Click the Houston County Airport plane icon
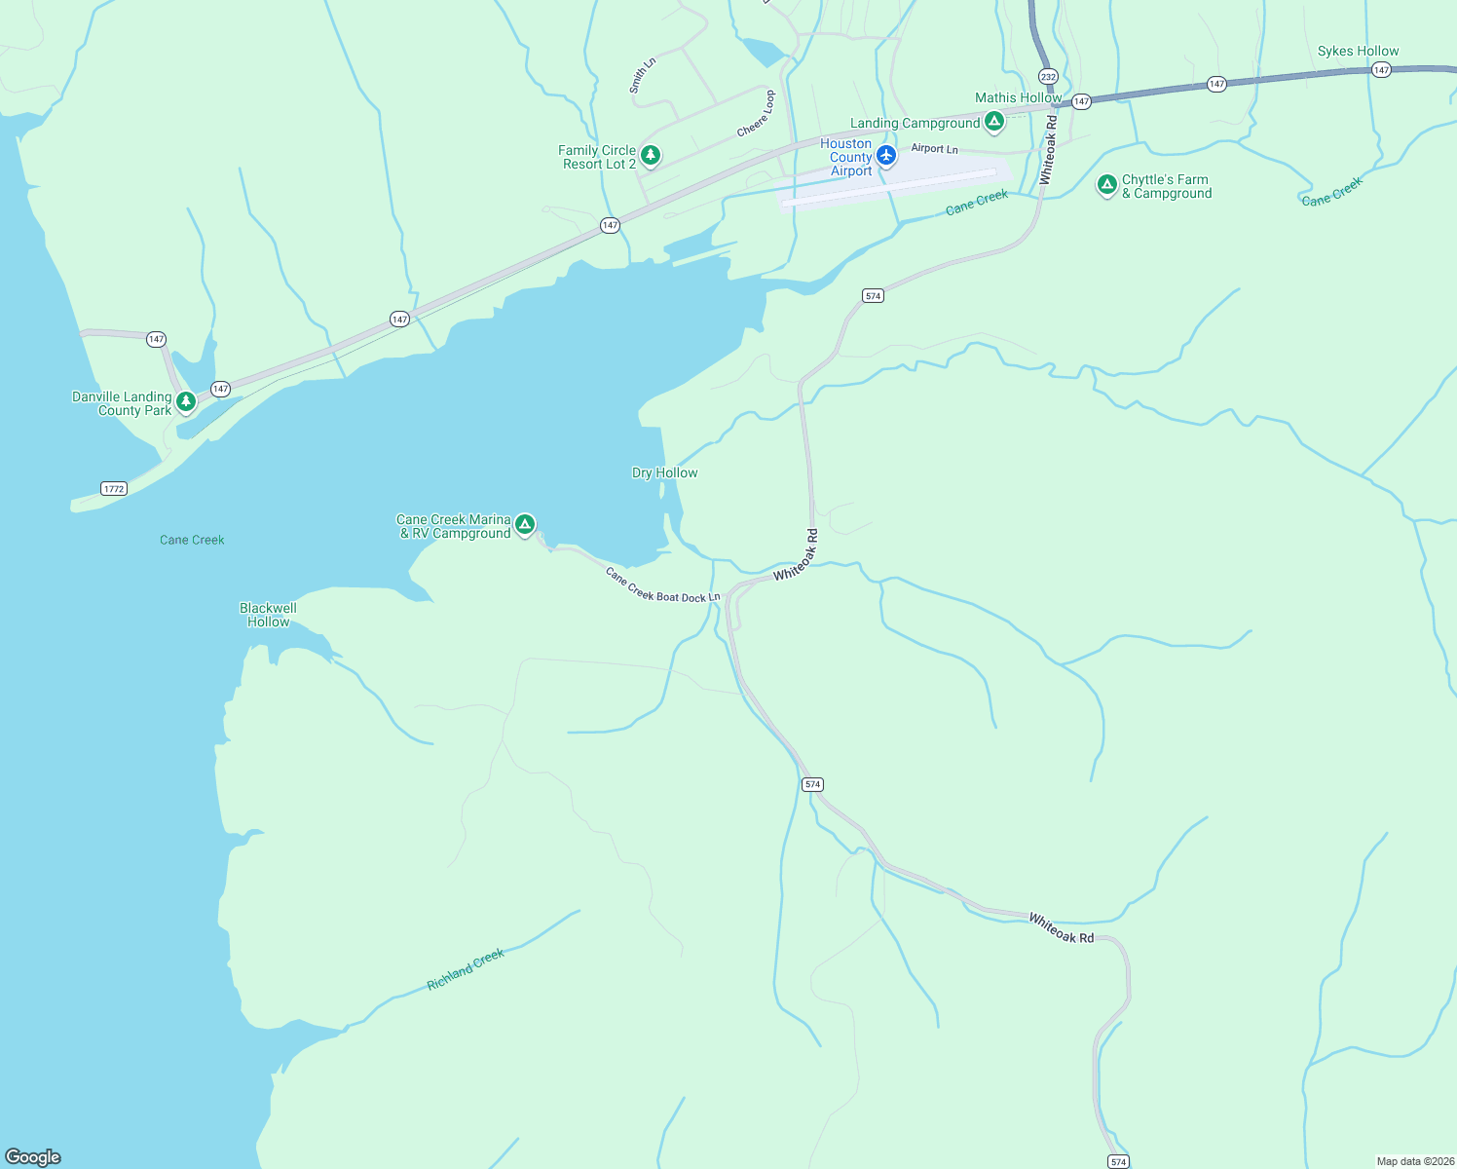(x=886, y=156)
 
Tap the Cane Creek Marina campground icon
(x=525, y=525)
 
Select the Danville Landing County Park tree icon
(x=186, y=401)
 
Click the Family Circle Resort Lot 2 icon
(x=651, y=155)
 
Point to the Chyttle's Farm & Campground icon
(x=1106, y=184)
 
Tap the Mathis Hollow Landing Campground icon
(x=994, y=122)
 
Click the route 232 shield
(x=1048, y=76)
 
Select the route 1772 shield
(x=114, y=488)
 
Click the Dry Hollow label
(x=665, y=472)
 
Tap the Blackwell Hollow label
(x=268, y=615)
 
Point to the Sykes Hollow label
(x=1358, y=51)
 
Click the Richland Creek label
(x=466, y=969)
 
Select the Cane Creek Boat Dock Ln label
(x=662, y=585)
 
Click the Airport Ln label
(x=934, y=148)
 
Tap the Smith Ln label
(x=642, y=75)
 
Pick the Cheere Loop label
(x=757, y=114)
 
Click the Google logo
(x=33, y=1156)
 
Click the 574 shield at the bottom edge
(x=1118, y=1161)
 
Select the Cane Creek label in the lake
(x=192, y=540)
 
